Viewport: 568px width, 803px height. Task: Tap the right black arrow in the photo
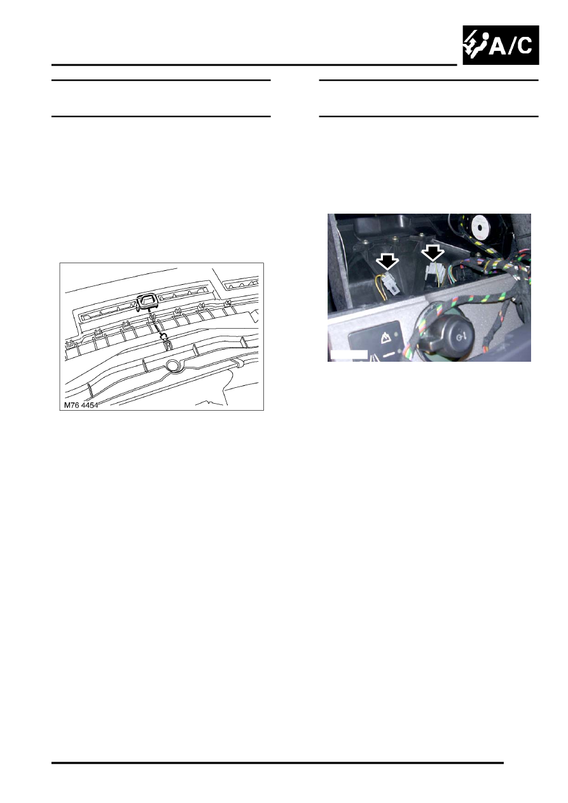434,254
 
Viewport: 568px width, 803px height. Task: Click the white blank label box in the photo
349,353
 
